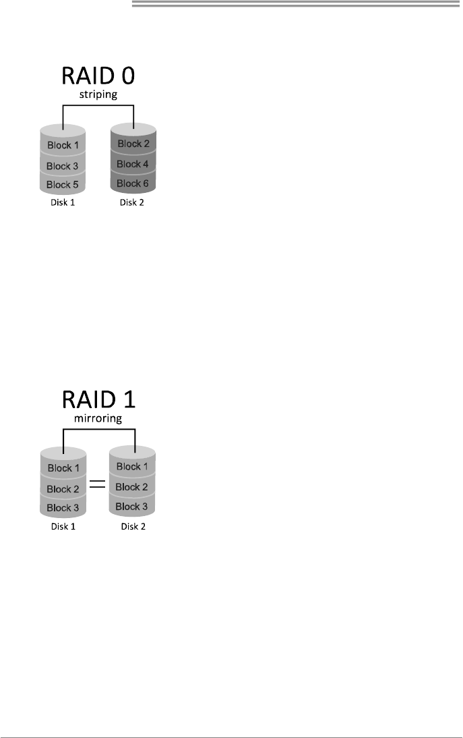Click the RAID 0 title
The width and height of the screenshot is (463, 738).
coord(98,75)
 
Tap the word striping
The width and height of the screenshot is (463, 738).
coord(98,95)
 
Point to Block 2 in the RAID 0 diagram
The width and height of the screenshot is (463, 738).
coord(133,144)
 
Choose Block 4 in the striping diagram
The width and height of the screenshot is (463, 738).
coord(133,164)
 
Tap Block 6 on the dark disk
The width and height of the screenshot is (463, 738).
coord(133,183)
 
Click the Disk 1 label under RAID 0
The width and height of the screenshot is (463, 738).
coord(63,202)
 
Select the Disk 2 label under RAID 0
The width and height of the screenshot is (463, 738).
coord(133,202)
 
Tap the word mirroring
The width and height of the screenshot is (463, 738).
coord(98,419)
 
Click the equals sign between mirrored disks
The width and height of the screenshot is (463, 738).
coord(98,483)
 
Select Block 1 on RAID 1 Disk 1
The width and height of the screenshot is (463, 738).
coord(63,469)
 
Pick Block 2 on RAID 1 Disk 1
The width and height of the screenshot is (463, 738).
coord(63,489)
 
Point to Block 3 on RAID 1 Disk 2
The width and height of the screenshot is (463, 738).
coord(133,507)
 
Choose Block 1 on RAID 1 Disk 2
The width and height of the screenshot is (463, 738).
coord(133,467)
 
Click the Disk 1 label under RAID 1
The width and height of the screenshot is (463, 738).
coord(63,526)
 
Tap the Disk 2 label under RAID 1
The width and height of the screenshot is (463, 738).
coord(133,526)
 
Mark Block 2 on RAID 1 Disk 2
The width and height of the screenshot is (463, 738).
coord(133,487)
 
